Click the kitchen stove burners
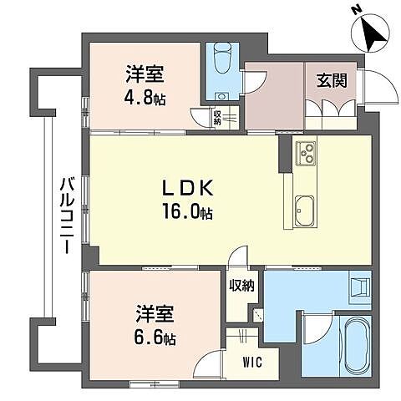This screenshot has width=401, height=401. [x=306, y=154]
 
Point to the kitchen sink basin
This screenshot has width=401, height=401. [x=303, y=211]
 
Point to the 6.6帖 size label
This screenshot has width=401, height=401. [x=156, y=339]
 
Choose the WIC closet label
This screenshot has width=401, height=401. [x=250, y=363]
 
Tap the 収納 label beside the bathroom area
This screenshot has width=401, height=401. [x=242, y=286]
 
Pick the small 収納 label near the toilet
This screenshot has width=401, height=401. [x=217, y=118]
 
